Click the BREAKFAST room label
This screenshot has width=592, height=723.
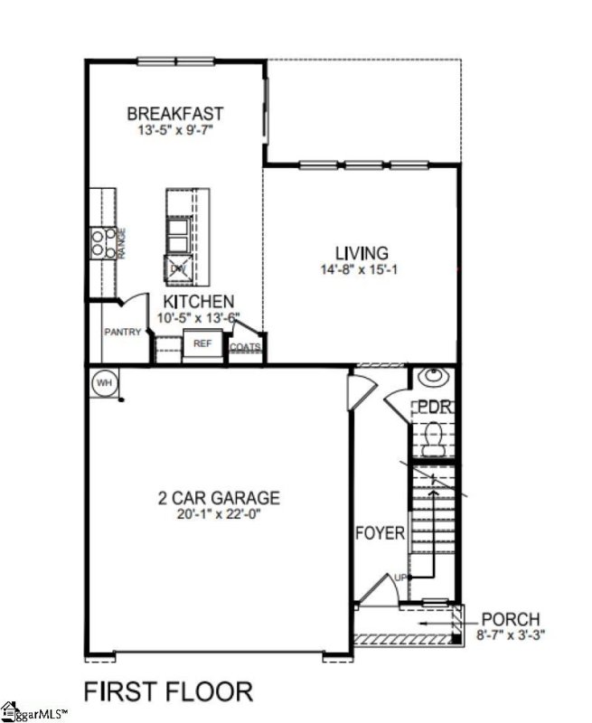coord(175,114)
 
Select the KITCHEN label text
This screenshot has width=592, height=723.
coord(199,302)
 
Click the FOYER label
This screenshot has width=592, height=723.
coord(380,533)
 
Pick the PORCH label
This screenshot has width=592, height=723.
coord(511,619)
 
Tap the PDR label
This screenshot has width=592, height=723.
coord(434,407)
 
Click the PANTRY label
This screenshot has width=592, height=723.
coord(122,333)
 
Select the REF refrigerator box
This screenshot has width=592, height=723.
coord(202,344)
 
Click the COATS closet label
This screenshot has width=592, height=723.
coord(245,347)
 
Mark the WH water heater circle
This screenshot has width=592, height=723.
coord(104,383)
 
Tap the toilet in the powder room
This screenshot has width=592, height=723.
coord(433,440)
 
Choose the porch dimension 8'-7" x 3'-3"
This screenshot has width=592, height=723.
coord(511,634)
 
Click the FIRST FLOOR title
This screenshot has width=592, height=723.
coord(168,691)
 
